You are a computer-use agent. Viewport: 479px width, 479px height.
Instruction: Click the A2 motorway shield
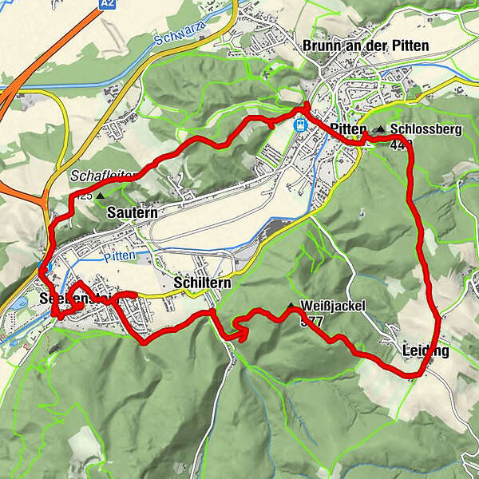coord(109,5)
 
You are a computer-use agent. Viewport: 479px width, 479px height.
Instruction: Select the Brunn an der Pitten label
coord(366,46)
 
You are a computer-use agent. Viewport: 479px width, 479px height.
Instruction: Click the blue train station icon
coord(301,125)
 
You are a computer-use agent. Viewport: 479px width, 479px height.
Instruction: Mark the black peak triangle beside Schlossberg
coord(381,129)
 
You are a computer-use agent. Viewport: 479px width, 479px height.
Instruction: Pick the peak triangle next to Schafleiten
coord(101,194)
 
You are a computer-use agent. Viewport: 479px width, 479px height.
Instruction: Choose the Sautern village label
coord(132,213)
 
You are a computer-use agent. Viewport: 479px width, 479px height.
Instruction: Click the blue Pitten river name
coord(119,256)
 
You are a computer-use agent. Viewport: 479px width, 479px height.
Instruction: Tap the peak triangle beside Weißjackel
coord(290,306)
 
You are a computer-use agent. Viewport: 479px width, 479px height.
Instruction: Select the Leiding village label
coord(426,350)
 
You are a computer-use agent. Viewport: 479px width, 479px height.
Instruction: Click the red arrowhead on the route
coord(239,335)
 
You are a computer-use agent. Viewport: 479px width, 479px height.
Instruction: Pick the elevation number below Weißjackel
coord(311,321)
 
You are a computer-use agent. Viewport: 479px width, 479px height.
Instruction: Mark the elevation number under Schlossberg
coord(401,144)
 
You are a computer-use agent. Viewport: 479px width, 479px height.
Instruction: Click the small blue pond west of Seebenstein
coord(18,304)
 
